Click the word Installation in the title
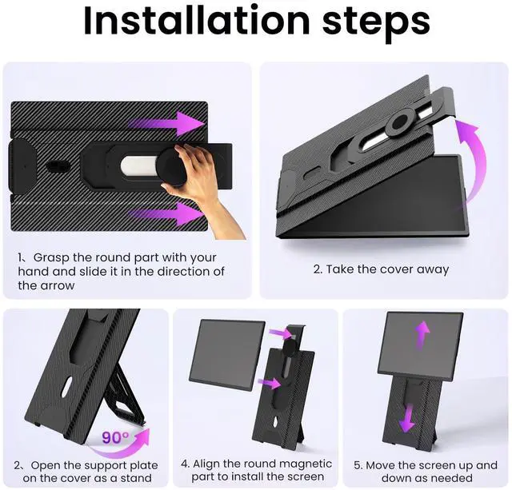click(196, 21)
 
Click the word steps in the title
click(376, 23)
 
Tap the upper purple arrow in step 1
click(166, 124)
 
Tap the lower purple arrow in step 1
click(166, 213)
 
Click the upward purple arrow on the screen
click(422, 335)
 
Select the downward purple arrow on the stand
click(407, 418)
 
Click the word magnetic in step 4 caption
click(306, 464)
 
